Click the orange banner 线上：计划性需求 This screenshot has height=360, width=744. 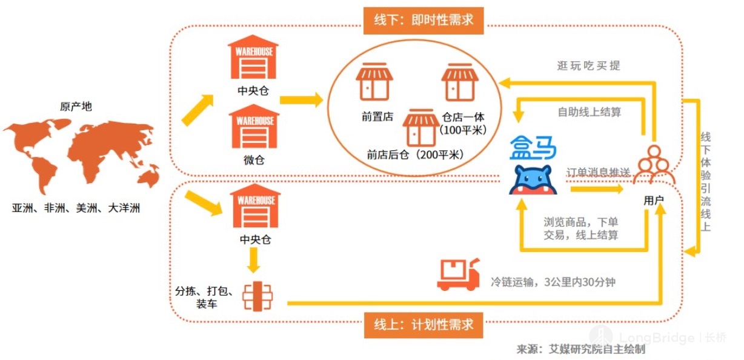pos(423,325)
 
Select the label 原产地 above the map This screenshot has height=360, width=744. pos(76,107)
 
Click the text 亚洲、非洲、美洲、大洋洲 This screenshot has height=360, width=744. pos(76,208)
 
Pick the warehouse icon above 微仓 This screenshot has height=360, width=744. pos(254,126)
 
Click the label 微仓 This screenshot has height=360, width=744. pos(254,160)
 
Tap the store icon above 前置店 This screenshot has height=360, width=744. pos(374,82)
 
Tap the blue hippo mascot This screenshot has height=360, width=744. pos(533,180)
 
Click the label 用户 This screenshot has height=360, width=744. pos(654,200)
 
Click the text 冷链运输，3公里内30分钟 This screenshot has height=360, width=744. pos(553,282)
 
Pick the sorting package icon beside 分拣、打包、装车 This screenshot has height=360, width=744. pos(257,296)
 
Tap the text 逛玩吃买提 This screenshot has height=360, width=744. pos(588,65)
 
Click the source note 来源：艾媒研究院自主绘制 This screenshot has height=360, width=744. pos(580,349)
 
